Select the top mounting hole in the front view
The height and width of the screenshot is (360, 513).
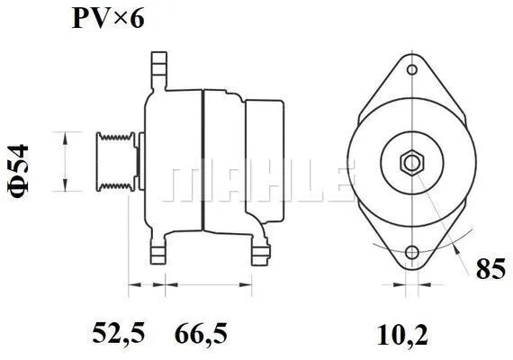[x=411, y=69]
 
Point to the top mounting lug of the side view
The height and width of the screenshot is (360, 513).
[x=160, y=70]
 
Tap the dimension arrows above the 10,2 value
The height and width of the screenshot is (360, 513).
[x=411, y=288]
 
